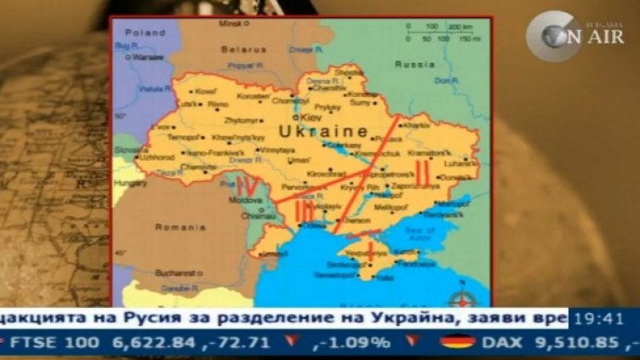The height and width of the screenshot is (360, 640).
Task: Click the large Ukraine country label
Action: point(323,132)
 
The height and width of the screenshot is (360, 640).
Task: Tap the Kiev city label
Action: point(310,116)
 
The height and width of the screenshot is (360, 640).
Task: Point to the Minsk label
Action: point(229,23)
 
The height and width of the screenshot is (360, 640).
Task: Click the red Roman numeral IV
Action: point(248,186)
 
